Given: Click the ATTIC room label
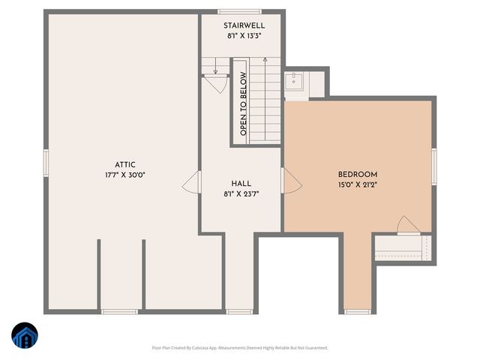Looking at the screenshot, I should (x=124, y=164).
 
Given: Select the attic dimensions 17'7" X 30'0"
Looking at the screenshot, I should (x=124, y=175).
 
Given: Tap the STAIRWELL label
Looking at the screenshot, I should (x=244, y=25).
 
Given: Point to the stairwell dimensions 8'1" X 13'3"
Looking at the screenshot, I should (x=244, y=36).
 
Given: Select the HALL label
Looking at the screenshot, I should (x=241, y=183).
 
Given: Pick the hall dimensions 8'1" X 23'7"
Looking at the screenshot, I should (x=241, y=193).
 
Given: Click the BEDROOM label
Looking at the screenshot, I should (x=357, y=174).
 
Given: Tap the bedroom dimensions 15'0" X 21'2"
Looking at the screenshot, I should (x=357, y=184).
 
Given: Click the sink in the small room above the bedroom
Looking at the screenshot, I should (x=293, y=81).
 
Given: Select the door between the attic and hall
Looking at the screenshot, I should (x=192, y=181).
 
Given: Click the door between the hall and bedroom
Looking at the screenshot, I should (x=290, y=180).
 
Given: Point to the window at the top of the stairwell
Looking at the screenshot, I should (x=240, y=11).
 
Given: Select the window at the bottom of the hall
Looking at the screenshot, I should (x=239, y=311).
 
